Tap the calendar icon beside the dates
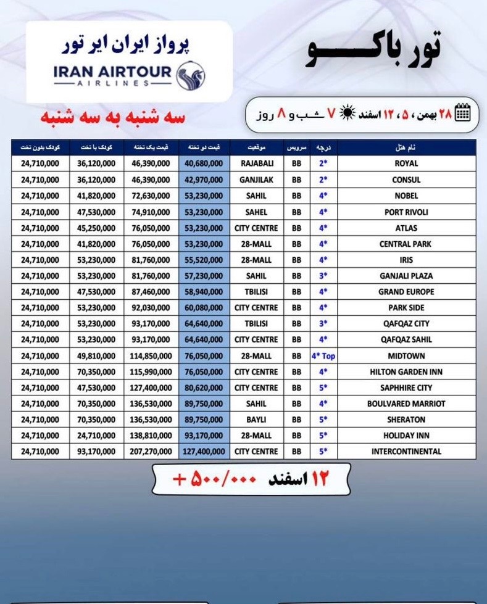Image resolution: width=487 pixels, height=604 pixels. (462, 113)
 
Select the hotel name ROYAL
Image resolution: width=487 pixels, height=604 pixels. (406, 163)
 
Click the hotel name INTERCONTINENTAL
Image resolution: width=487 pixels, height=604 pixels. (406, 451)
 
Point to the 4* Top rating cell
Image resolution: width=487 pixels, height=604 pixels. (323, 356)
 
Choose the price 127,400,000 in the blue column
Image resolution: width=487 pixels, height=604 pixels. (204, 451)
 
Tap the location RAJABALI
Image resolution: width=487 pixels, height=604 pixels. (256, 163)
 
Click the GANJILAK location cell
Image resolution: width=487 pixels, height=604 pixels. (256, 180)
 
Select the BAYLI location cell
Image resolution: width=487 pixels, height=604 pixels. (256, 420)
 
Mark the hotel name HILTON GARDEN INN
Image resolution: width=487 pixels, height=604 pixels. (406, 372)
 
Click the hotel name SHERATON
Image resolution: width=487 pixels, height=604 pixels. (406, 420)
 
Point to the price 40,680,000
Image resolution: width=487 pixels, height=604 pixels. (204, 163)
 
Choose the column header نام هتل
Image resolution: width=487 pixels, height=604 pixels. (406, 148)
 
